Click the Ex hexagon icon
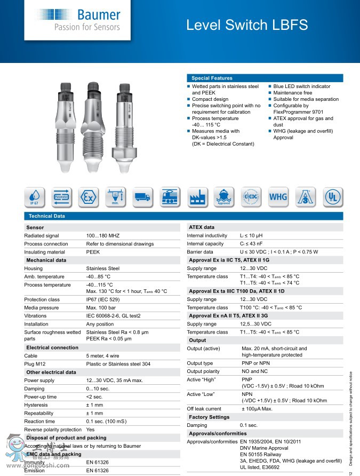pyautogui.click(x=89, y=197)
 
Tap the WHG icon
pyautogui.click(x=278, y=197)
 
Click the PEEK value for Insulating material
pyautogui.click(x=93, y=252)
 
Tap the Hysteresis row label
pyautogui.click(x=37, y=405)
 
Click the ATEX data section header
pyautogui.click(x=202, y=227)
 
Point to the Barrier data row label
pyautogui.click(x=200, y=252)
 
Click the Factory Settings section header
pyautogui.click(x=209, y=417)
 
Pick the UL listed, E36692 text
pyautogui.click(x=266, y=466)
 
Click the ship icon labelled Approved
pyautogui.click(x=224, y=197)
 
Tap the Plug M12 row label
pyautogui.click(x=35, y=364)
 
